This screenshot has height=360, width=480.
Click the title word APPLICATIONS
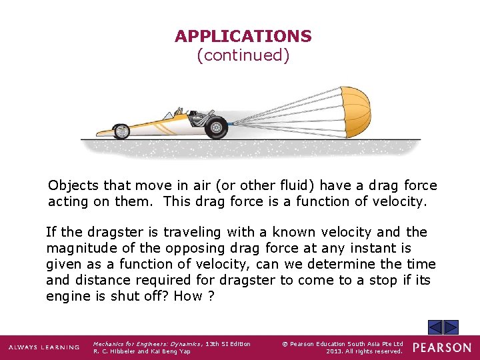243,36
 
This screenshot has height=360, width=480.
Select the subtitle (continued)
243,55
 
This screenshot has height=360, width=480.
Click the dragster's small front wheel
121,131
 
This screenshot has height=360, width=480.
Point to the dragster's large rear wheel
215,127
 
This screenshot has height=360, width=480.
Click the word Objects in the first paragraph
72,185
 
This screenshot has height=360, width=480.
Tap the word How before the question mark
188,296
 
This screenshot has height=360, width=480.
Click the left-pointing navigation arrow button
435,327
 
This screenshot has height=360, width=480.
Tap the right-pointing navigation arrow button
451,327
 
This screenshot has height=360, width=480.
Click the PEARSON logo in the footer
441,347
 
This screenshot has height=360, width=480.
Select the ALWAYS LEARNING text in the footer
43,347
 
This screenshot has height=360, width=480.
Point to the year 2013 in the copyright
334,351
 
